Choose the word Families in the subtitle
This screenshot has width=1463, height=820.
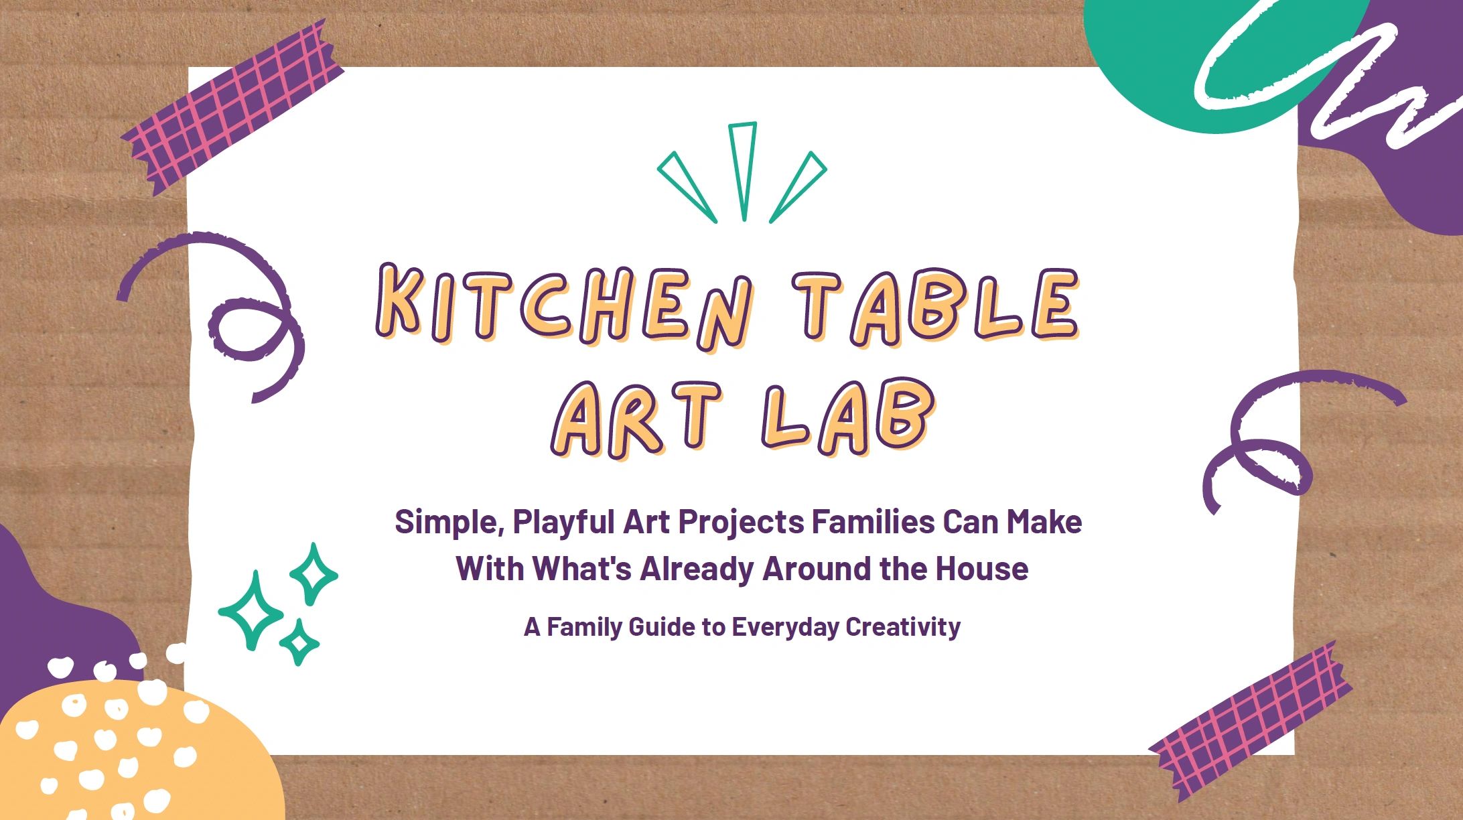pyautogui.click(x=874, y=522)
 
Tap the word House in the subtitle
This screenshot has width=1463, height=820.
pyautogui.click(x=981, y=569)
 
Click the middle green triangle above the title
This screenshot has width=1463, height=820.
pyautogui.click(x=743, y=171)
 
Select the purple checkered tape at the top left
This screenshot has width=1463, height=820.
pyautogui.click(x=232, y=108)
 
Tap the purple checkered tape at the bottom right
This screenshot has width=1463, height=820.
pyautogui.click(x=1250, y=722)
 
